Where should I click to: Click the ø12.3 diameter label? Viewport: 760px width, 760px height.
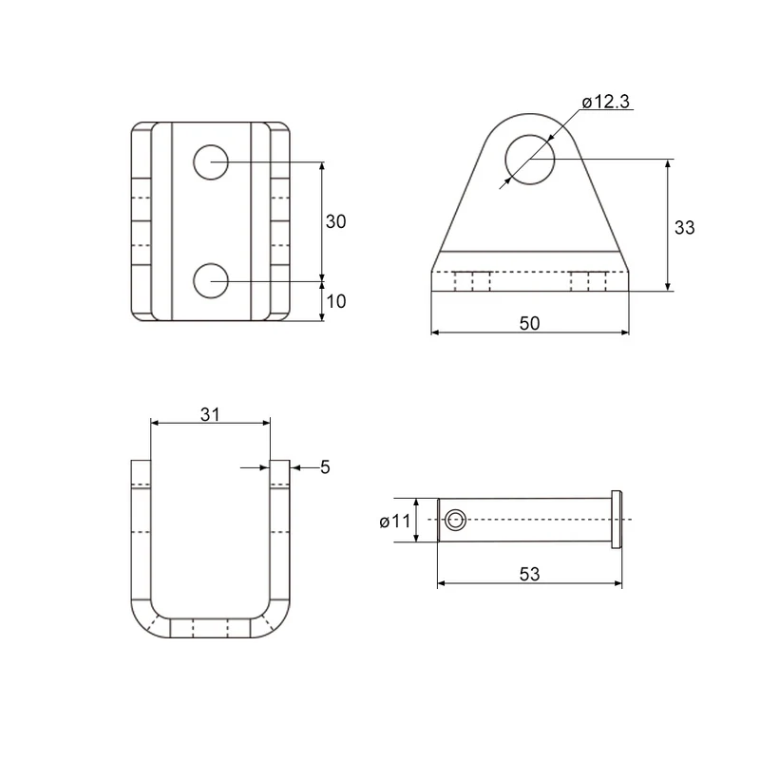click(606, 102)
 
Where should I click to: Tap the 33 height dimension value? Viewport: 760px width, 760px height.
click(684, 227)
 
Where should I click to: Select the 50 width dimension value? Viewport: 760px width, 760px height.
click(529, 323)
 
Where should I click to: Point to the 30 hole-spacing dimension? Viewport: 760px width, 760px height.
click(336, 221)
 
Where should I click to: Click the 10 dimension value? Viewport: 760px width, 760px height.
click(336, 301)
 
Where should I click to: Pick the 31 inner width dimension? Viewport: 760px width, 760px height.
click(210, 414)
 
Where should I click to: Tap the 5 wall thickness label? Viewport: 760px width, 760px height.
click(325, 467)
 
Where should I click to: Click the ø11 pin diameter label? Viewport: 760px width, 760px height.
click(395, 522)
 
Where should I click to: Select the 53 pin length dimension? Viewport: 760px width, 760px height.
click(529, 574)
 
